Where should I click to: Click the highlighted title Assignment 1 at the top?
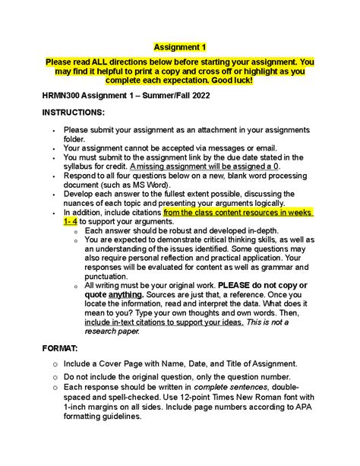[x=180, y=46]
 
